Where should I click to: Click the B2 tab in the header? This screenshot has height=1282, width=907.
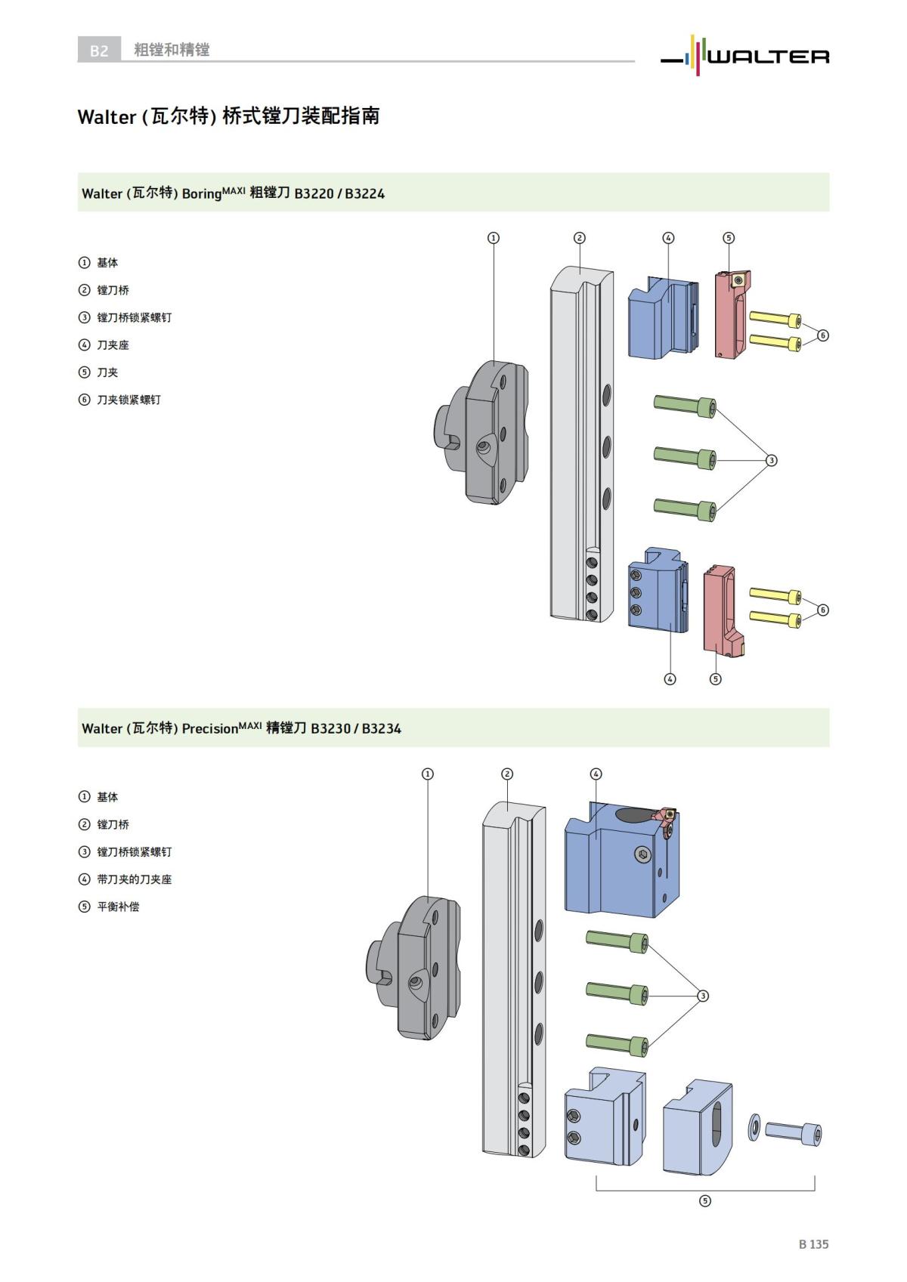pyautogui.click(x=99, y=51)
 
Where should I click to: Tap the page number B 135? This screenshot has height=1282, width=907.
pyautogui.click(x=813, y=1243)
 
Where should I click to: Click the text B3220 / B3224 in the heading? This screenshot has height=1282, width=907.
pyautogui.click(x=339, y=193)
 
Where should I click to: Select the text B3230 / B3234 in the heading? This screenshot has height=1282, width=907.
pyautogui.click(x=356, y=728)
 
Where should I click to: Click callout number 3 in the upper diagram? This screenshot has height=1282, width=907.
pyautogui.click(x=771, y=460)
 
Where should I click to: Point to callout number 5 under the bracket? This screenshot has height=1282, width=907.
pyautogui.click(x=704, y=1200)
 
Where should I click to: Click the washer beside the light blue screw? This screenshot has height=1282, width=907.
pyautogui.click(x=754, y=1128)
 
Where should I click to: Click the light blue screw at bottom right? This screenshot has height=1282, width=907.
pyautogui.click(x=794, y=1132)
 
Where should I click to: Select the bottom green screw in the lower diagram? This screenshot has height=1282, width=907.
pyautogui.click(x=617, y=1043)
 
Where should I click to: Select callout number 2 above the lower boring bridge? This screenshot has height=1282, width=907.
pyautogui.click(x=507, y=774)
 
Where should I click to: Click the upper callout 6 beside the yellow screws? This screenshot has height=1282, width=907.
pyautogui.click(x=823, y=335)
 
